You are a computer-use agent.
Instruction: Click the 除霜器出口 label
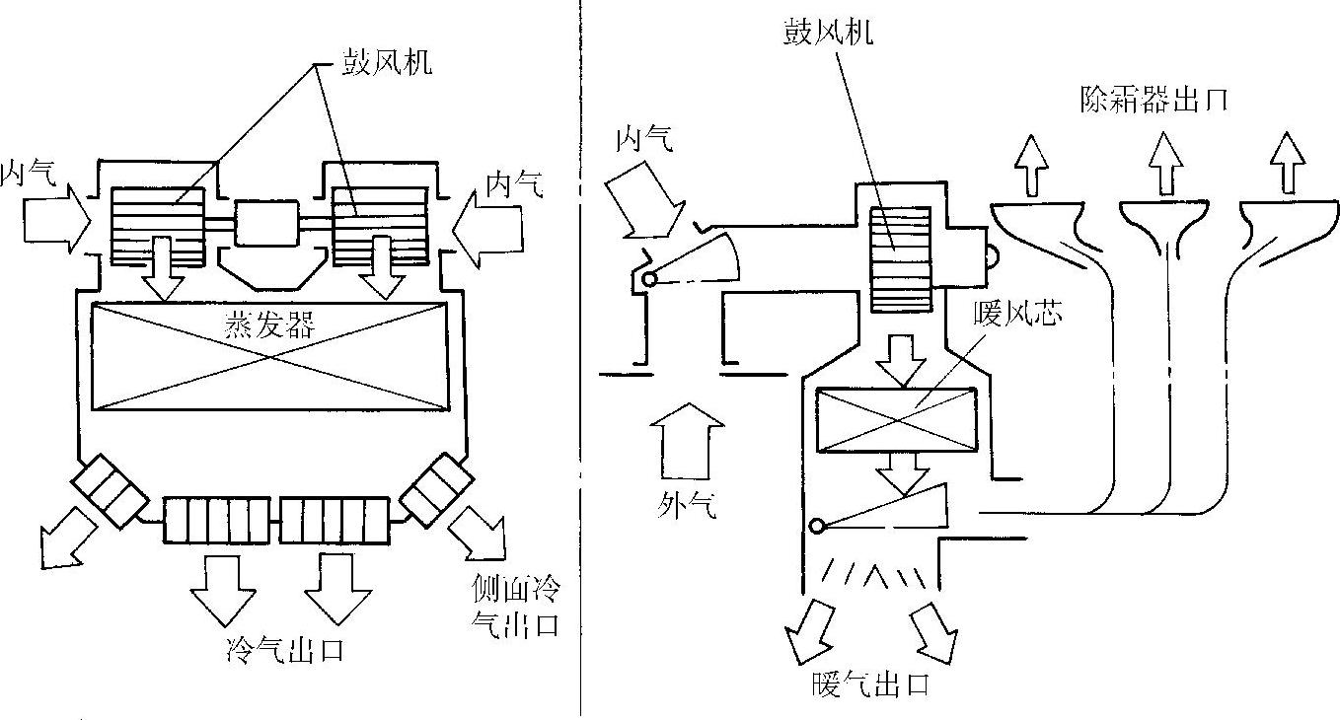(x=1154, y=100)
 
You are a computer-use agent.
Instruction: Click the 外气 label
(x=687, y=506)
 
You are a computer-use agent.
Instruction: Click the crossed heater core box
(x=896, y=418)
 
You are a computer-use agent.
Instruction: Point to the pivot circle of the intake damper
(x=650, y=280)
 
